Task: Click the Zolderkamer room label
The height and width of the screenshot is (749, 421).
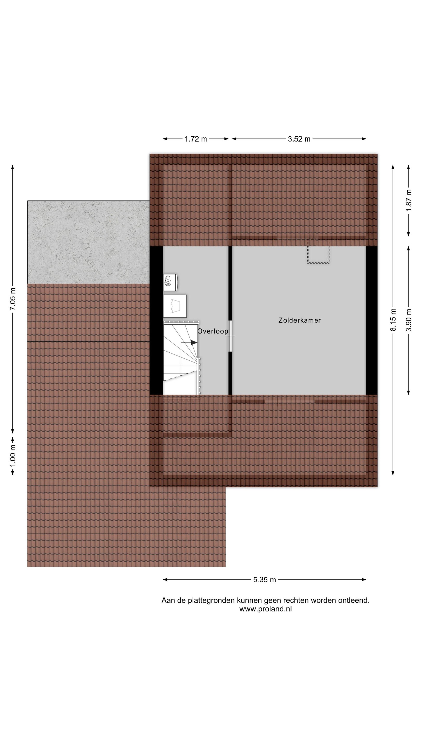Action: [x=299, y=320]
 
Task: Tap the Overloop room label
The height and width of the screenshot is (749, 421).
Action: [x=213, y=331]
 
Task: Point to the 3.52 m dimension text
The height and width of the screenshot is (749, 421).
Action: [x=299, y=139]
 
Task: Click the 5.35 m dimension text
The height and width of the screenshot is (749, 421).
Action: [x=264, y=580]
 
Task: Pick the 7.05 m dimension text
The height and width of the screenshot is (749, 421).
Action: [x=13, y=299]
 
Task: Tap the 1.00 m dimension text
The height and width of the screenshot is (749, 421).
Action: [x=13, y=455]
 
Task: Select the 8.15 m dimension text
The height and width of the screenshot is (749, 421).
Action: [x=393, y=320]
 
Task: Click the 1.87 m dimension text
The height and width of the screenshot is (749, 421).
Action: [x=409, y=201]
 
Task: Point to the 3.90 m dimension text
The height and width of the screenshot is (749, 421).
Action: [x=409, y=320]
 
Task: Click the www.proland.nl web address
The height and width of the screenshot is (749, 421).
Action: [x=265, y=609]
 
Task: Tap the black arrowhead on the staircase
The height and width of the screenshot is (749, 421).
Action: [x=194, y=343]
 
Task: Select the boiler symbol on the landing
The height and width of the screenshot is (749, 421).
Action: [x=170, y=282]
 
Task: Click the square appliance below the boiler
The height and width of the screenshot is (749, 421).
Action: [x=175, y=306]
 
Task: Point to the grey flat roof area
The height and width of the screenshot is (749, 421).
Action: [x=88, y=242]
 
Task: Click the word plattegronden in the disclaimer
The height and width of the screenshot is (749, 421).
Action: [x=212, y=601]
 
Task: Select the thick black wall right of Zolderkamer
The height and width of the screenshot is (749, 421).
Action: [x=372, y=320]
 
